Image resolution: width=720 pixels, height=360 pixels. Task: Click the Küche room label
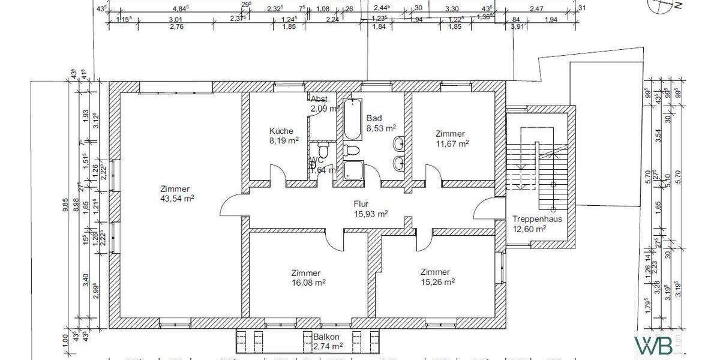tap(281, 131)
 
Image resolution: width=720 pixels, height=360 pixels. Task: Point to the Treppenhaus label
tap(537, 219)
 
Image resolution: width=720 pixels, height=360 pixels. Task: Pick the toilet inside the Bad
tap(352, 150)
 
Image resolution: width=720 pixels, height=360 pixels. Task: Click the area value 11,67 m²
tap(452, 144)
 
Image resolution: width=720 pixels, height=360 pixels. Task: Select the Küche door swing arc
tap(278, 176)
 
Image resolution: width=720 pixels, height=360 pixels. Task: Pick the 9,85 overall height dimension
tap(65, 204)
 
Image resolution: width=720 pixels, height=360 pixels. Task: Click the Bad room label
tap(374, 118)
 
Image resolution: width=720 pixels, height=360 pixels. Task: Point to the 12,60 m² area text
tap(529, 229)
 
